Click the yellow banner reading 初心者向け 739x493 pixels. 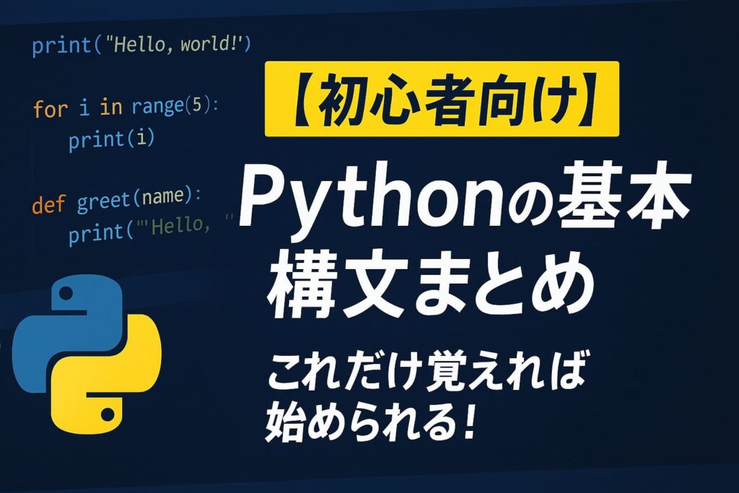click(x=442, y=99)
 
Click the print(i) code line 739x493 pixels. click(x=112, y=140)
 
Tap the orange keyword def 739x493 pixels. click(x=48, y=204)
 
